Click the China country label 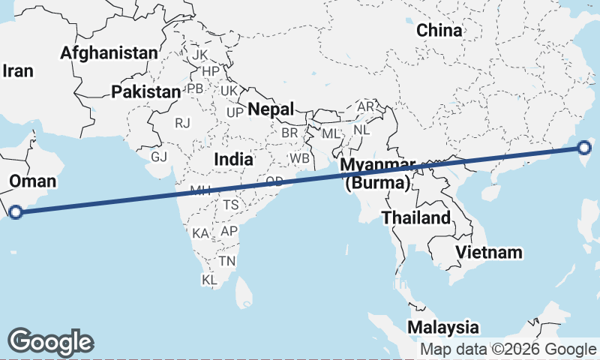(439, 30)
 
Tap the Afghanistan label (109, 53)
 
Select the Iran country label (19, 71)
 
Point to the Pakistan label (145, 92)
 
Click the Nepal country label (271, 109)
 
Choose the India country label (233, 159)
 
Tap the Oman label (33, 181)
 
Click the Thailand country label (416, 218)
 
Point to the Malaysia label (443, 328)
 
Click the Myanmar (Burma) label (376, 174)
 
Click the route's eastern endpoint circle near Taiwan (584, 148)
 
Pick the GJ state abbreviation (159, 157)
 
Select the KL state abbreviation (209, 280)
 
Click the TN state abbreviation (226, 261)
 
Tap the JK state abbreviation (199, 55)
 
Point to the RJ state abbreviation (183, 122)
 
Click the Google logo (51, 341)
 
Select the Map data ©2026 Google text (508, 349)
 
